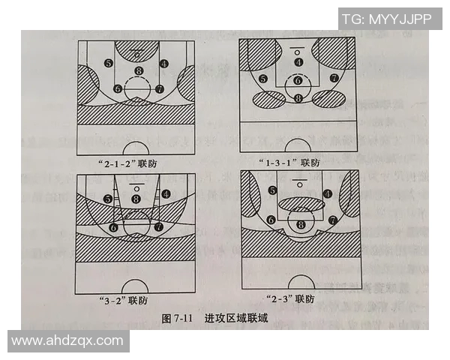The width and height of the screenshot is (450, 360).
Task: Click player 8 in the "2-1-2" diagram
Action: click(x=138, y=71)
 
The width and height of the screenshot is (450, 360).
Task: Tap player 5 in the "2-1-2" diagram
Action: click(x=109, y=64)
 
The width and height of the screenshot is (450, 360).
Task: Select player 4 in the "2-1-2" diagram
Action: click(x=164, y=64)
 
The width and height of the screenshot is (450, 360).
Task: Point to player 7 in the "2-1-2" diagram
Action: click(x=159, y=88)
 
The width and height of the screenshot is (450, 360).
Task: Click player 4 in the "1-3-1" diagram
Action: click(x=298, y=62)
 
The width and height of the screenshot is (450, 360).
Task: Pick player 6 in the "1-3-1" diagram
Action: click(x=298, y=80)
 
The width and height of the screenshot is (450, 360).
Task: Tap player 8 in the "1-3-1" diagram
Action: click(x=298, y=98)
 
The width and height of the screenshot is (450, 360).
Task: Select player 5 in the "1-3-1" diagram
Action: click(x=262, y=79)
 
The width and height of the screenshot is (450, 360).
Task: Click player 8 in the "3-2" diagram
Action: click(x=136, y=199)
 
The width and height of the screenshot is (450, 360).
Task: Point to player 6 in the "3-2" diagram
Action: click(x=114, y=226)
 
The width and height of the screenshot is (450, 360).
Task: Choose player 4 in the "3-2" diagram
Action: click(x=164, y=194)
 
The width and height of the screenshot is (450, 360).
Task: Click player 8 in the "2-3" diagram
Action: click(x=301, y=223)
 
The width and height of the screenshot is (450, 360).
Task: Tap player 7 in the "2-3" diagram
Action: click(x=331, y=220)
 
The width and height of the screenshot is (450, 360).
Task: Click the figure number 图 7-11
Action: click(x=178, y=318)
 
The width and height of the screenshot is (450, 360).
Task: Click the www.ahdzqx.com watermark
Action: click(x=67, y=340)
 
